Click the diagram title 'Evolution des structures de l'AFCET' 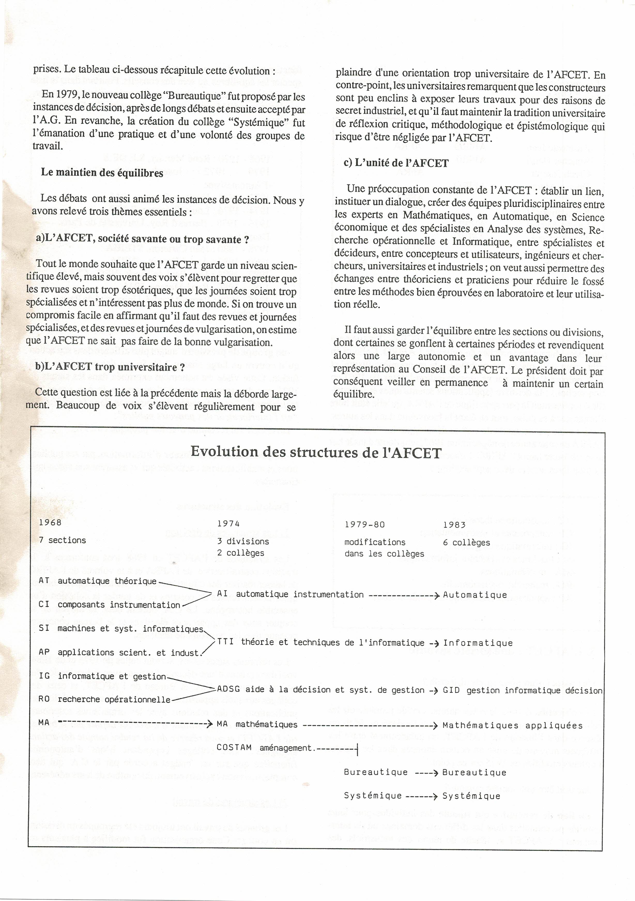(316, 452)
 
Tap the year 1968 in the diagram (50, 522)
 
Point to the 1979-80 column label (364, 524)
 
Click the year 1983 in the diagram (454, 525)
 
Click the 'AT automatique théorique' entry (98, 581)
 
